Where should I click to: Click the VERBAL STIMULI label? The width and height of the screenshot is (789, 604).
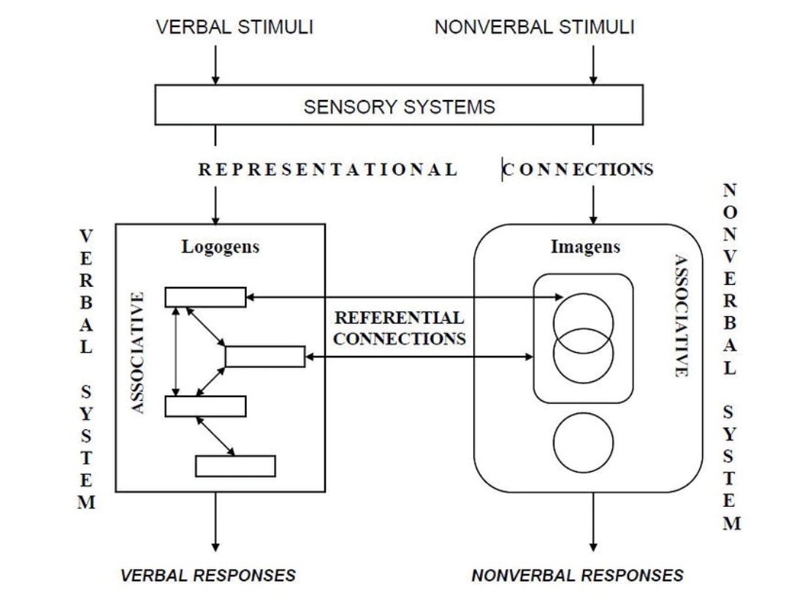[x=235, y=28]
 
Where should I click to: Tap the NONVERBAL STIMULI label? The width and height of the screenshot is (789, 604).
[x=535, y=28]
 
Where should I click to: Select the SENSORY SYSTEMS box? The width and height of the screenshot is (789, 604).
[x=399, y=107]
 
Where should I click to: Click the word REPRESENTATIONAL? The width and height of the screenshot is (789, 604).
[x=328, y=170]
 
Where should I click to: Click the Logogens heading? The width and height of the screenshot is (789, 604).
[x=220, y=247]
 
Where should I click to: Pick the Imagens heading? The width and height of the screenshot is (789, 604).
[x=585, y=247]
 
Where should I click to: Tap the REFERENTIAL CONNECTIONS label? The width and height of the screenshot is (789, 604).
[x=399, y=329]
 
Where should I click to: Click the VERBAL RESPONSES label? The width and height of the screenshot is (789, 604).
[x=208, y=576]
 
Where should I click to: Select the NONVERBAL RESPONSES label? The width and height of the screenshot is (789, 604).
[x=577, y=576]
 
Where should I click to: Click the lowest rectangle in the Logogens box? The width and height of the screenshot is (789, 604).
[x=235, y=466]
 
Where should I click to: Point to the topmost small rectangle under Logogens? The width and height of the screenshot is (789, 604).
[x=205, y=297]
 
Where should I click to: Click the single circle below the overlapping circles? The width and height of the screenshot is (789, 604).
[x=583, y=443]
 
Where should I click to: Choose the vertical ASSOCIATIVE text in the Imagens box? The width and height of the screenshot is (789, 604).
[x=681, y=316]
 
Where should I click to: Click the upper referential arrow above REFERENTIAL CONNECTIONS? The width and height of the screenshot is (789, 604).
[x=404, y=297]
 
